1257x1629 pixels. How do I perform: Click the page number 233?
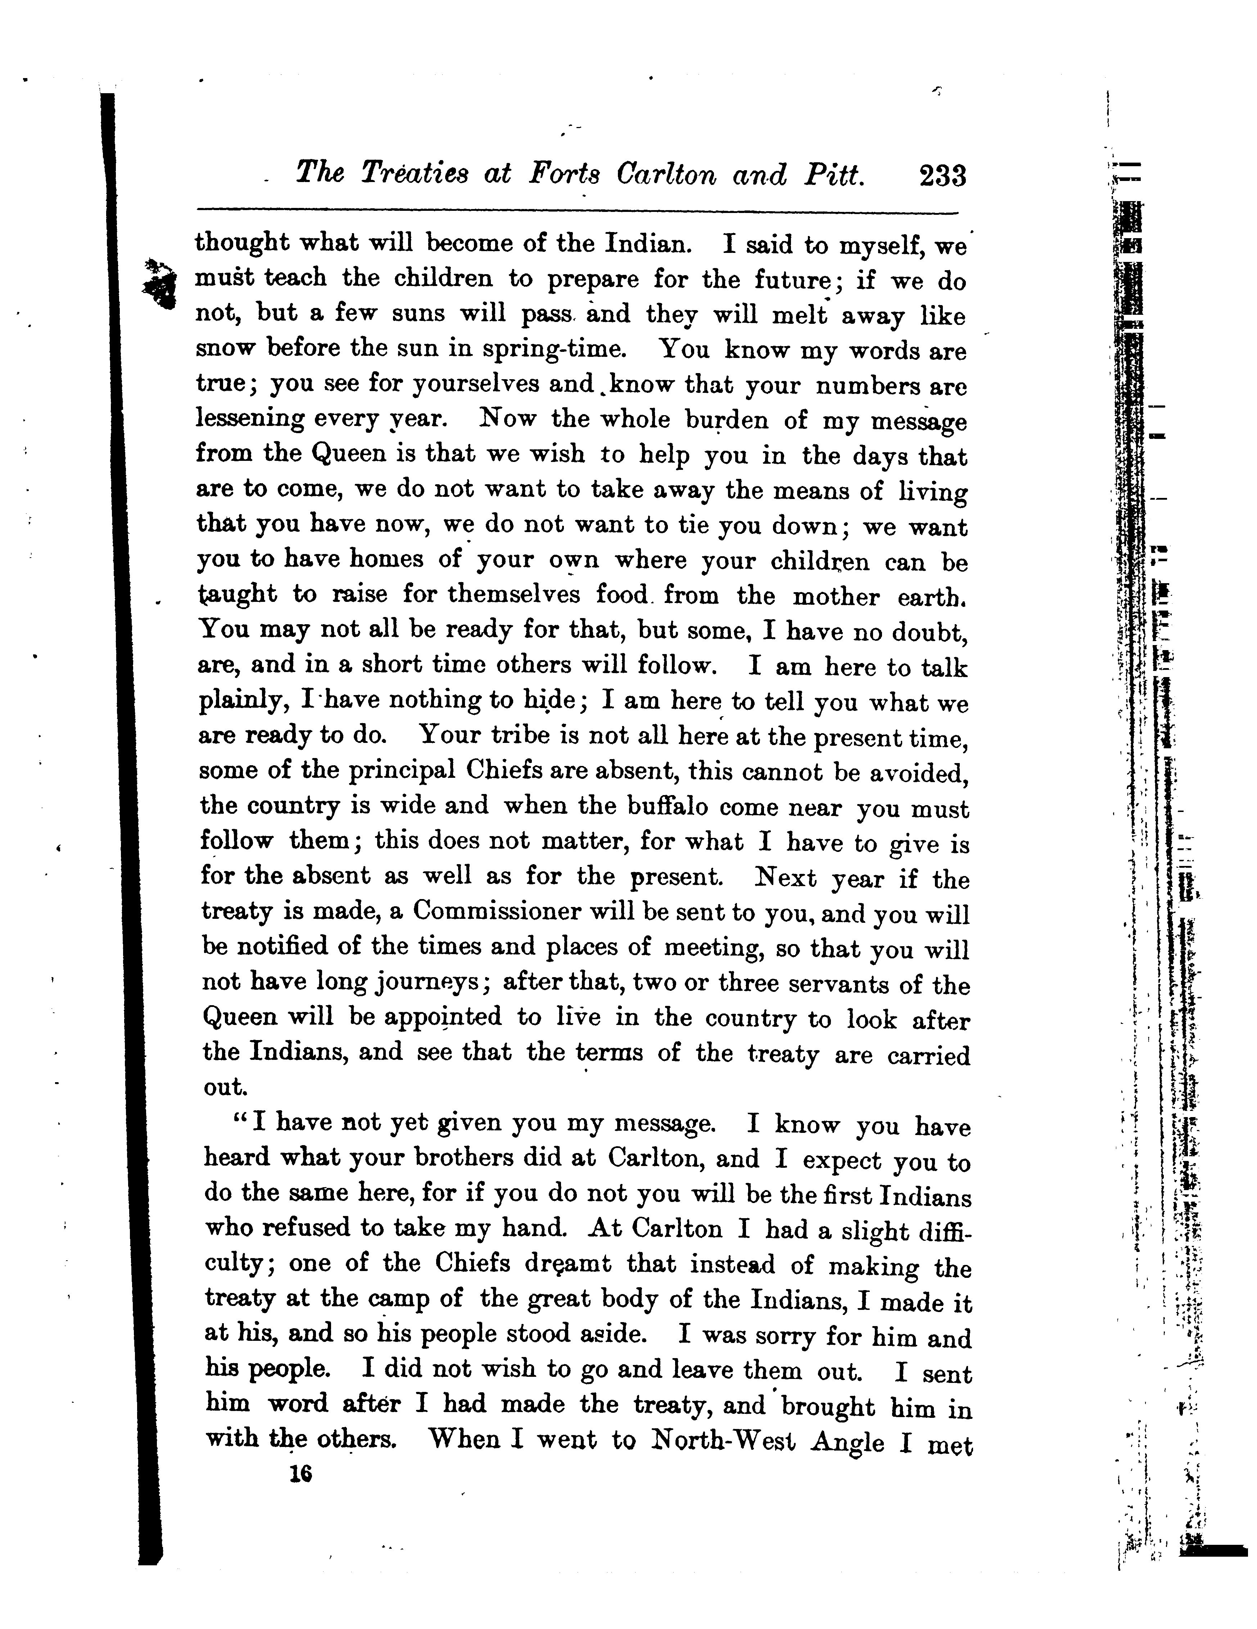pyautogui.click(x=943, y=176)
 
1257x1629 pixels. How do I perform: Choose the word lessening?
pyautogui.click(x=250, y=418)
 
